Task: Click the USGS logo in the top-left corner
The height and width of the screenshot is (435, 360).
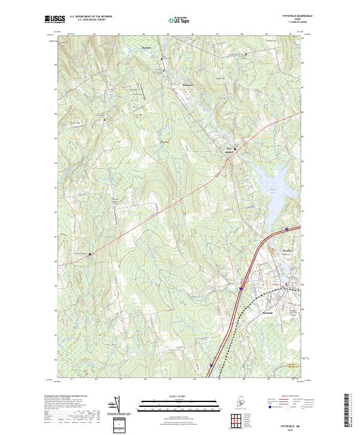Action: coord(55,19)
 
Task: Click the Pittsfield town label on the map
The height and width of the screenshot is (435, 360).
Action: coord(268,313)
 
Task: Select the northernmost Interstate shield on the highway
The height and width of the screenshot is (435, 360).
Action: coord(286,229)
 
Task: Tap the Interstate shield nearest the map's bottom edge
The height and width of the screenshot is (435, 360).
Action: coord(210,364)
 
